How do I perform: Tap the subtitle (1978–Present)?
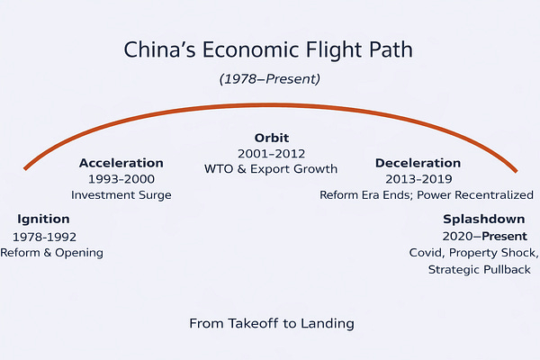point(270,79)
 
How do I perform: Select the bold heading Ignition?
point(43,219)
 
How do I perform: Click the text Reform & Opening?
point(51,253)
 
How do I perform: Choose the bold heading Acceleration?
point(121,163)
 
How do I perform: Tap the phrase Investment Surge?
point(121,195)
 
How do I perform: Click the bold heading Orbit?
point(272,139)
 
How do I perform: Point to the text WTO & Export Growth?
point(272,169)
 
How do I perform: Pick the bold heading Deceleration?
point(418,163)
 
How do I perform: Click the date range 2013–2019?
point(418,179)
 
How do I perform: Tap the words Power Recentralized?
point(484,195)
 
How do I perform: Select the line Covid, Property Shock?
point(473,253)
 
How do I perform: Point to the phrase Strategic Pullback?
point(479,270)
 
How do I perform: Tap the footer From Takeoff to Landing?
point(270,323)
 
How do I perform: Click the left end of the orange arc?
point(25,167)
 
